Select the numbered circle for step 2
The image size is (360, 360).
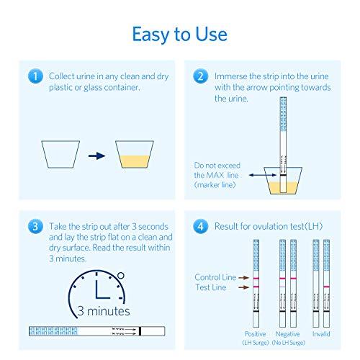[x=200, y=76]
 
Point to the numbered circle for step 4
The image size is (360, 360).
[x=200, y=225]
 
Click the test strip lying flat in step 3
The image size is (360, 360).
[x=96, y=330]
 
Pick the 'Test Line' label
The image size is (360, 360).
[x=210, y=288]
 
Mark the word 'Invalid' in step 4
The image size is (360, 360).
[x=321, y=334]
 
